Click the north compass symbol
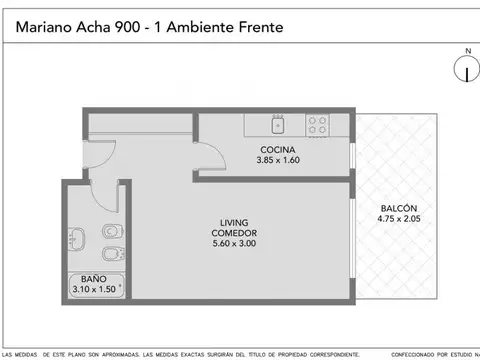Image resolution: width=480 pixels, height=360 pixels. coord(463,70)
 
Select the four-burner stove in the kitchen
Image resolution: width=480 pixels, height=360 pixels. coord(318,125)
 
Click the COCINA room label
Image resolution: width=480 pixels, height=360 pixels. coord(277,149)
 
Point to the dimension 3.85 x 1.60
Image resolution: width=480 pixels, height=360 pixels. coord(277,160)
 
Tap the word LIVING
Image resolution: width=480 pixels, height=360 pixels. coord(236,222)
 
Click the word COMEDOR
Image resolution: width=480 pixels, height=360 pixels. coord(236,232)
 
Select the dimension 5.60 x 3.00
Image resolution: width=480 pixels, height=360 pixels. coord(236,243)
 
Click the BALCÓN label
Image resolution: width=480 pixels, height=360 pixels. coord(398,207)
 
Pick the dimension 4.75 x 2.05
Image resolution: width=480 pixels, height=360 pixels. coord(398,218)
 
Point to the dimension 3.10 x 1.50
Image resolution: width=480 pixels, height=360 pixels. coord(95,289)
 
